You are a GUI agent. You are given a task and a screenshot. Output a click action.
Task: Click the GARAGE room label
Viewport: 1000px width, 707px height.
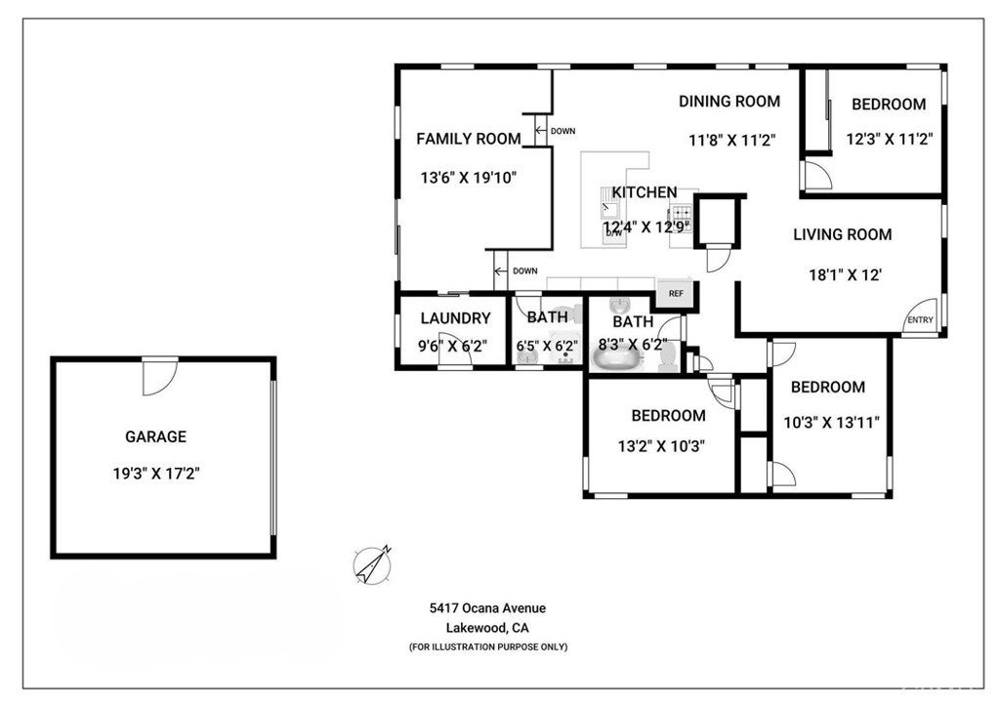pyautogui.click(x=155, y=437)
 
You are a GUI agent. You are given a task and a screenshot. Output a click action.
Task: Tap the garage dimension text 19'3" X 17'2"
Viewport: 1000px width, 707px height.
pyautogui.click(x=156, y=474)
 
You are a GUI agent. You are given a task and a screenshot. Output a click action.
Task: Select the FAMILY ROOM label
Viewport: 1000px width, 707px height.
pyautogui.click(x=469, y=139)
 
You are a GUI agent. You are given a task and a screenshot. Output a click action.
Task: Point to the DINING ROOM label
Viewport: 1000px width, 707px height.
pyautogui.click(x=729, y=102)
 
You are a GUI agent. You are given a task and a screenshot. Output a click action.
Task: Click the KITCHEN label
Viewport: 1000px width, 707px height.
pyautogui.click(x=645, y=192)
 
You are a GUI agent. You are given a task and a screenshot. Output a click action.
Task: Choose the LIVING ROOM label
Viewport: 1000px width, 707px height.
pyautogui.click(x=843, y=234)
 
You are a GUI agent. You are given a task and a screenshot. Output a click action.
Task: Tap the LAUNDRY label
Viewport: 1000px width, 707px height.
pyautogui.click(x=455, y=318)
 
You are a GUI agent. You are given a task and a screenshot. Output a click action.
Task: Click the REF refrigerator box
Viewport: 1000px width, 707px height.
pyautogui.click(x=676, y=293)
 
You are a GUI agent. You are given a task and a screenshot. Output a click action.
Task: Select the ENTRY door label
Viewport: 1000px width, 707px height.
pyautogui.click(x=920, y=320)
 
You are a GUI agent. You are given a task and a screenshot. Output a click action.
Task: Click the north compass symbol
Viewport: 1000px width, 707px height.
pyautogui.click(x=372, y=564)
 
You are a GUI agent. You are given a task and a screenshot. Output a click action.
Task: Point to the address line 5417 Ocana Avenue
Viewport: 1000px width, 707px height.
pyautogui.click(x=487, y=608)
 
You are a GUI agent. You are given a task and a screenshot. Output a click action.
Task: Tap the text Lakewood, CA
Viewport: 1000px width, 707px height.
pyautogui.click(x=487, y=628)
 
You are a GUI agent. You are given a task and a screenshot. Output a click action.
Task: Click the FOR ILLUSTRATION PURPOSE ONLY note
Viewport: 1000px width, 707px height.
pyautogui.click(x=488, y=647)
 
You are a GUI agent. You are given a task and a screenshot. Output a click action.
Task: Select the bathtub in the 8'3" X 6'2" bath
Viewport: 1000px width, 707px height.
pyautogui.click(x=616, y=358)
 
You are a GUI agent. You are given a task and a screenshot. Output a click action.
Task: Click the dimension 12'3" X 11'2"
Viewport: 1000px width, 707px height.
pyautogui.click(x=889, y=139)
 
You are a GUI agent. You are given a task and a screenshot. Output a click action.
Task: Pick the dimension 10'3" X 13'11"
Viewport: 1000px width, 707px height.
pyautogui.click(x=831, y=422)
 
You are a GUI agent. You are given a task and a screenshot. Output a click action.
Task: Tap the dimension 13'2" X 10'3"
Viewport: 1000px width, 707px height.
pyautogui.click(x=661, y=445)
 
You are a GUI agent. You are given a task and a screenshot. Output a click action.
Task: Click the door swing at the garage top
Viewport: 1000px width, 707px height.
pyautogui.click(x=159, y=377)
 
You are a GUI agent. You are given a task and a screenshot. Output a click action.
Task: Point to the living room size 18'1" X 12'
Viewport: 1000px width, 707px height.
pyautogui.click(x=845, y=275)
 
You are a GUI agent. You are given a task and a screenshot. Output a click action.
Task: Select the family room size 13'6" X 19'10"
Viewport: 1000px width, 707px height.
pyautogui.click(x=468, y=177)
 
